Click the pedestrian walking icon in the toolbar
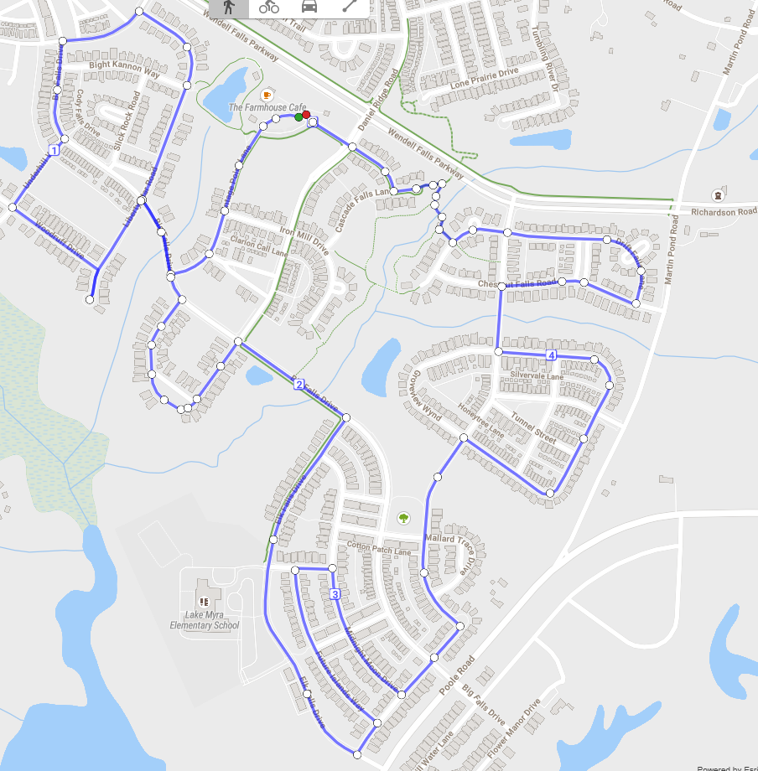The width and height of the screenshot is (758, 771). click(227, 7)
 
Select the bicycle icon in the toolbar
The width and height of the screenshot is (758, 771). click(269, 7)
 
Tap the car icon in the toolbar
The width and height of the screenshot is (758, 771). click(309, 7)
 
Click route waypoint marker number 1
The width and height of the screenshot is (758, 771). click(55, 150)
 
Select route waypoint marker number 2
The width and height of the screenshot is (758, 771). click(299, 385)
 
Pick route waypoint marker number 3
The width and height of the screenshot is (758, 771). click(335, 594)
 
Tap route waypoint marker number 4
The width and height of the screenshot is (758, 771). click(551, 355)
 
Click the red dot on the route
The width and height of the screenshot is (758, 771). click(307, 115)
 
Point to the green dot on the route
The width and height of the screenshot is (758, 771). click(299, 117)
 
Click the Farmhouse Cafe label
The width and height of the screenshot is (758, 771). click(267, 108)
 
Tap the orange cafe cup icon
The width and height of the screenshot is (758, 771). click(267, 93)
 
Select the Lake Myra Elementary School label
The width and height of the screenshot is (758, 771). click(204, 619)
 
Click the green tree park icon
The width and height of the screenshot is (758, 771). click(403, 518)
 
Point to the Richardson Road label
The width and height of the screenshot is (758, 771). click(724, 212)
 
